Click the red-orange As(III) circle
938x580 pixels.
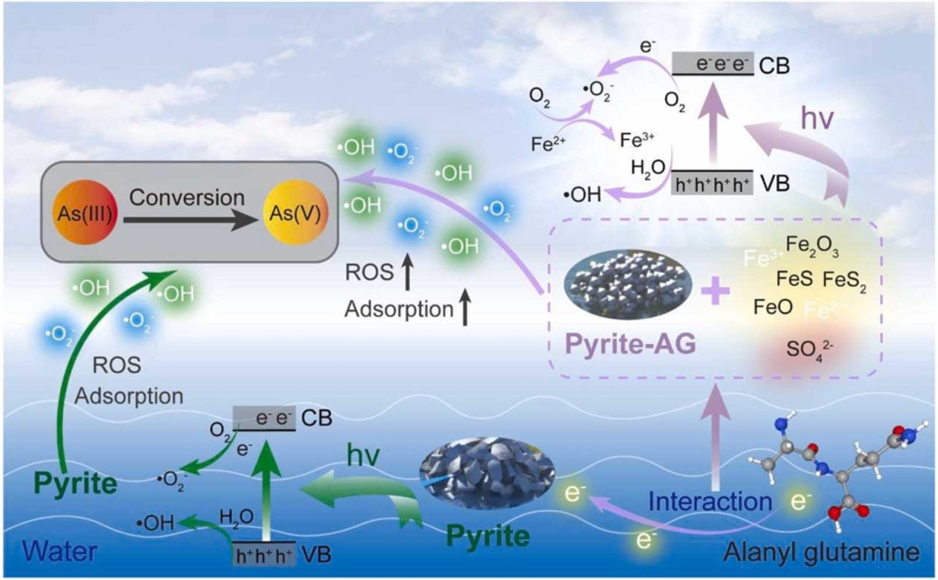pos(84,212)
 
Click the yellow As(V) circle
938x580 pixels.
pos(295,213)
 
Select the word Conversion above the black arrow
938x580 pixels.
pos(187,197)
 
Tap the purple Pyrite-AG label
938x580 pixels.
pos(629,343)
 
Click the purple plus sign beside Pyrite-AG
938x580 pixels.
pos(715,290)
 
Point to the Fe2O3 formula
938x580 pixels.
pos(812,246)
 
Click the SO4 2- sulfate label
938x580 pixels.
pos(809,350)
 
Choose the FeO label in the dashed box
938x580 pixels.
pos(773,306)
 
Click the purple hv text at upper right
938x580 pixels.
pos(817,118)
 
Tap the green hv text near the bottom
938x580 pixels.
pos(363,455)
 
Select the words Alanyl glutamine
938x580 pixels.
pos(821,553)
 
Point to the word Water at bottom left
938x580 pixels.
pos(60,551)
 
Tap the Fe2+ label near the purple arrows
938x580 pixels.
pos(548,143)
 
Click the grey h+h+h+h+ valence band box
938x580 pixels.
pos(713,185)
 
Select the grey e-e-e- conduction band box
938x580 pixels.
pos(713,63)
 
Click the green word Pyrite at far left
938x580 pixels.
pos(75,483)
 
